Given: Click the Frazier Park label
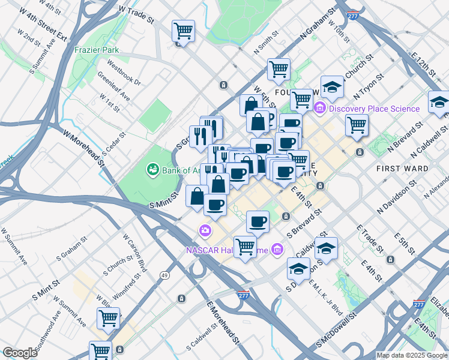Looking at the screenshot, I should coord(97,50).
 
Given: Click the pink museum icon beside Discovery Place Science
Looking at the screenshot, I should coord(320,109).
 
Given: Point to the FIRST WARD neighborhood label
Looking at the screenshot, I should coord(402,169).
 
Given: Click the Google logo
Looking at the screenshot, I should coord(20,353).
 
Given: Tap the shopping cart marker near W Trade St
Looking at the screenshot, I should coord(183,31).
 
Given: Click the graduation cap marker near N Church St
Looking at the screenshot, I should coord(332,87).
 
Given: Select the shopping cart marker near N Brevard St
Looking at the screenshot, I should coord(357,125).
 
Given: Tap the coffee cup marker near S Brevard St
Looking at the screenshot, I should coord(258,221).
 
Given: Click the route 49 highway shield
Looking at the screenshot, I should coord(164,275).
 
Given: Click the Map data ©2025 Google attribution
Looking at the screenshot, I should coord(412,355).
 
